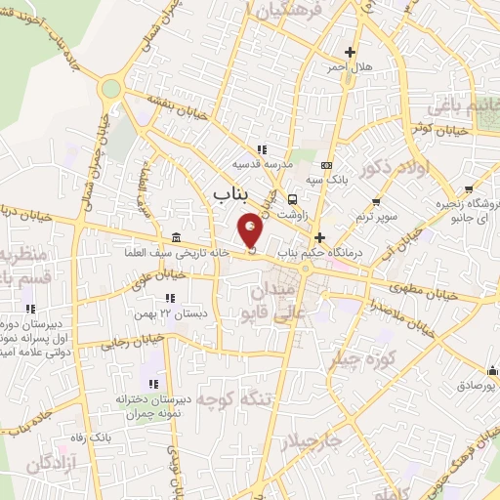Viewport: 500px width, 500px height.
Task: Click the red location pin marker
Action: [x=251, y=230]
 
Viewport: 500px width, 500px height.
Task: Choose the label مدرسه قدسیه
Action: [x=262, y=165]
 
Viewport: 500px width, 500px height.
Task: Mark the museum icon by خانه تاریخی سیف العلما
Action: [x=175, y=238]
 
